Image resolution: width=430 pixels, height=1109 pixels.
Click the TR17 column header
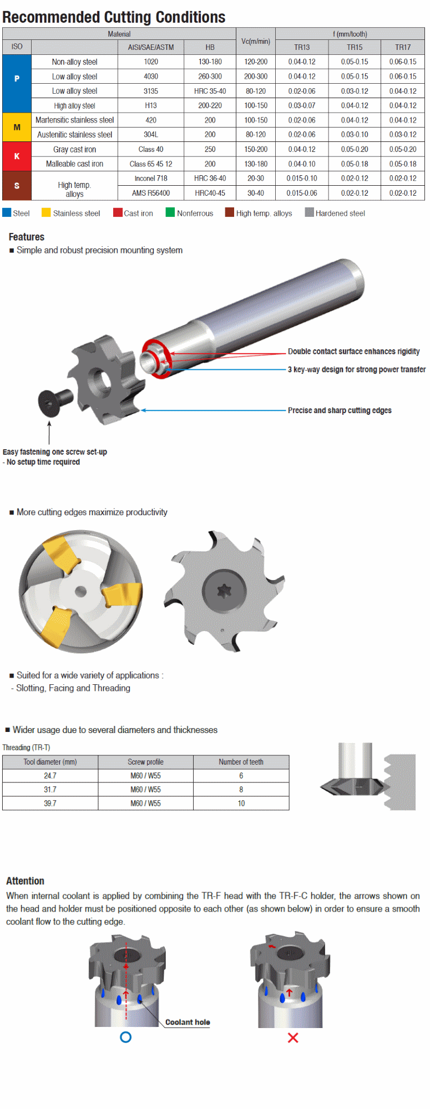(403, 48)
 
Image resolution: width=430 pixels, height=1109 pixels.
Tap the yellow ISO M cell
(17, 128)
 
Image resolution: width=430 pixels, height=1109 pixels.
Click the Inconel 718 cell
(150, 179)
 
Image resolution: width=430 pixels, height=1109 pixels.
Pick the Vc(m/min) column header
(255, 41)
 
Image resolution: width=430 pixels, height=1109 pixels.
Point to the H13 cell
(150, 105)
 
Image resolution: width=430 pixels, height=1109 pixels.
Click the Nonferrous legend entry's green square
(170, 212)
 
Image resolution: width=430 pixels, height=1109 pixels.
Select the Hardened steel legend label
(340, 213)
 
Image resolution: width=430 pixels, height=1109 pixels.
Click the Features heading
(27, 237)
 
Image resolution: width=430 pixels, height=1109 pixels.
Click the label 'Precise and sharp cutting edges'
(340, 410)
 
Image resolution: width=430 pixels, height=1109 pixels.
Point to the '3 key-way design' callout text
(356, 369)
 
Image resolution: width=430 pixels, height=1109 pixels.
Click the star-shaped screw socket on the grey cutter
(224, 591)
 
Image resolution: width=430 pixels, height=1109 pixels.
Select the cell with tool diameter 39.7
(50, 803)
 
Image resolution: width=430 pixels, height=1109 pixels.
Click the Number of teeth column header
(241, 762)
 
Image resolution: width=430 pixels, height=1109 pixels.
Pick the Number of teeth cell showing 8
(241, 790)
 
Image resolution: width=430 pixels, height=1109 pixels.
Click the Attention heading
(25, 881)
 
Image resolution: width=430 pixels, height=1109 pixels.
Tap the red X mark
(293, 1037)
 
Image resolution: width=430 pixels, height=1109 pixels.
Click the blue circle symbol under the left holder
(126, 1037)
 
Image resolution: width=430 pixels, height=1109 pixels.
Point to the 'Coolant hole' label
(188, 1022)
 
